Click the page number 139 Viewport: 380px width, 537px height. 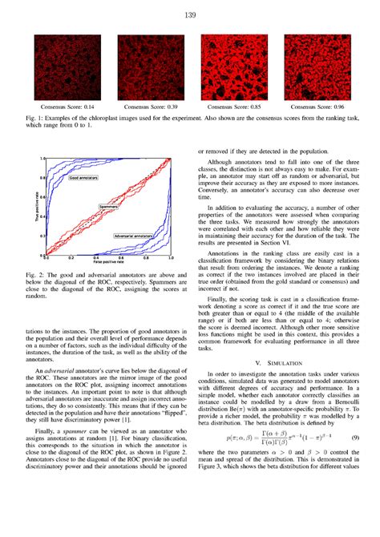[x=190, y=14]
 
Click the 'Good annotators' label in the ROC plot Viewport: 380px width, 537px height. [x=84, y=179]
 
